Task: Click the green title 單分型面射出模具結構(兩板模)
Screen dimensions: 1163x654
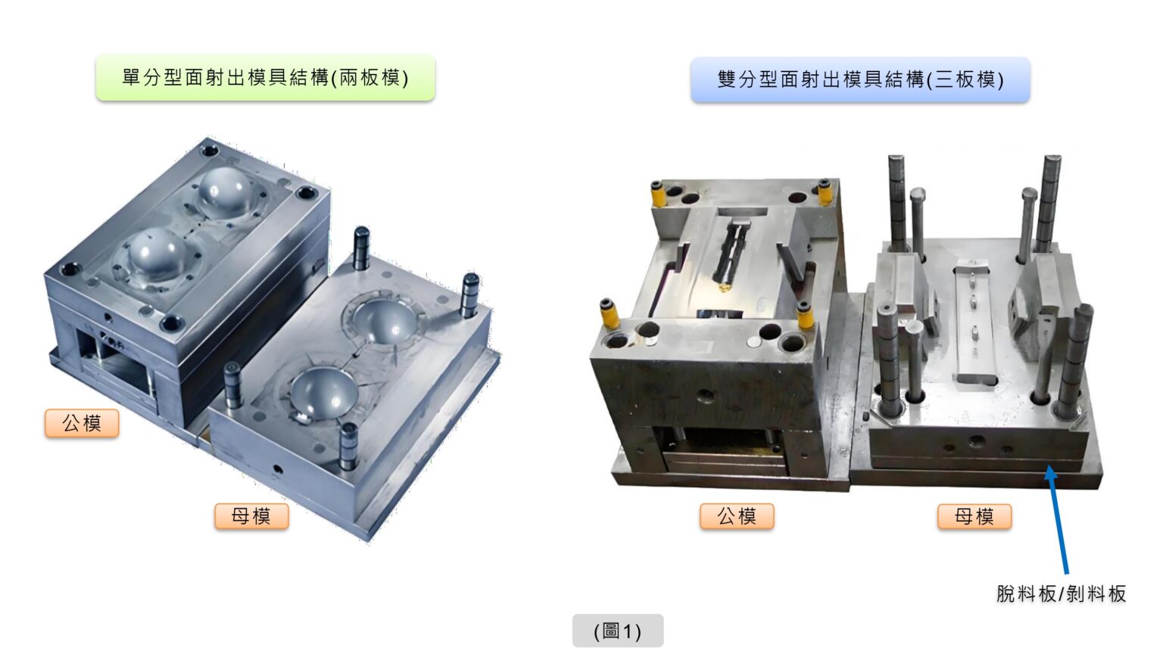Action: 265,78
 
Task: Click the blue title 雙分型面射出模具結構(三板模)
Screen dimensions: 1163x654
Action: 860,80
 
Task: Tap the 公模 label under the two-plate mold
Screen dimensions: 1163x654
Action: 82,423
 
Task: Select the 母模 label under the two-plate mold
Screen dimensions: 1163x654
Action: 251,516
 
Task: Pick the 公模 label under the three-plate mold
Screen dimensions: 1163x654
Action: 737,516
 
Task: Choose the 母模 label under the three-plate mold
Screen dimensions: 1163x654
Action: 974,516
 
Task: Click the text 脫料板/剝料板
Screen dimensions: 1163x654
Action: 1062,593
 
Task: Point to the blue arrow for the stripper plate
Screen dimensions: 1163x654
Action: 1057,519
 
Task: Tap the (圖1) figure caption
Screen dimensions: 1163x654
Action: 618,631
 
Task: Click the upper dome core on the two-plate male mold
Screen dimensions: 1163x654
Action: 226,189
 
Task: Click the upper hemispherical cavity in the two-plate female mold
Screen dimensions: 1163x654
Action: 385,321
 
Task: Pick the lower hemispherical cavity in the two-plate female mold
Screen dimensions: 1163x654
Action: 324,391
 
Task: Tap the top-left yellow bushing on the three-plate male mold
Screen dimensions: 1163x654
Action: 658,194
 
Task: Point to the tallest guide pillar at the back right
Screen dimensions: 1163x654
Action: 1048,202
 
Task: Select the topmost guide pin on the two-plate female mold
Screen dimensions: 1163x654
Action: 361,248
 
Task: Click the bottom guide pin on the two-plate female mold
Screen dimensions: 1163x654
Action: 348,447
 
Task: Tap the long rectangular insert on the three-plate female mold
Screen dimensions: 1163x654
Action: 974,325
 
